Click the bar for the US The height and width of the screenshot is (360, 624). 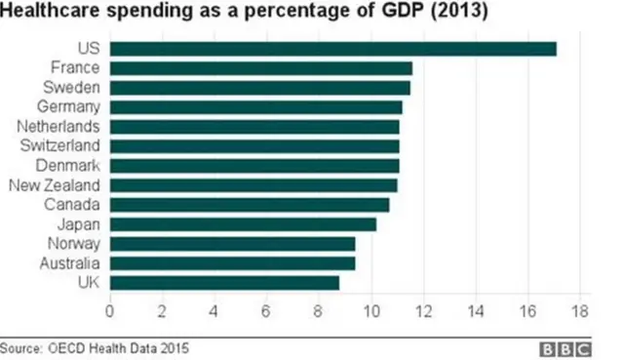tap(332, 49)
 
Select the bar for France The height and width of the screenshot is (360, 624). tap(260, 68)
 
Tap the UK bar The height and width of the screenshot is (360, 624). tap(224, 283)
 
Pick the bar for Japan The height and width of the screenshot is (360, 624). tap(243, 224)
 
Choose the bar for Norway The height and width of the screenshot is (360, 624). tap(232, 244)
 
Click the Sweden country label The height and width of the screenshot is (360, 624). tap(75, 87)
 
